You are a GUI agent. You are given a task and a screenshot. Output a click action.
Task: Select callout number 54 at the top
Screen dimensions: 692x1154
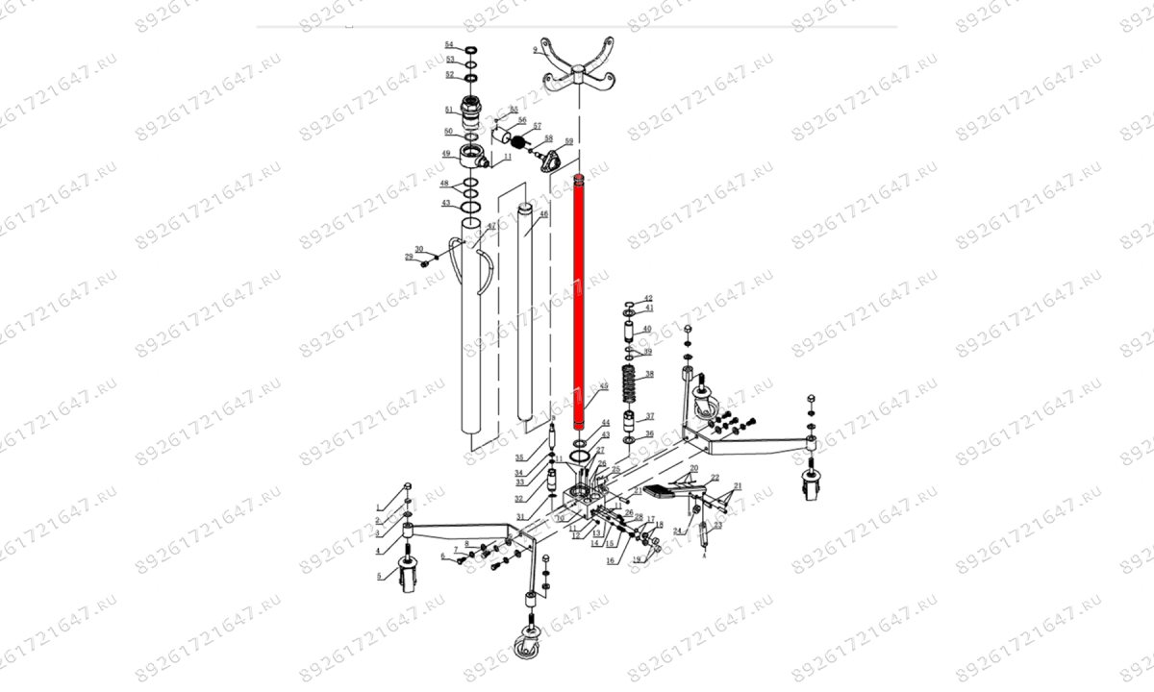tap(448, 45)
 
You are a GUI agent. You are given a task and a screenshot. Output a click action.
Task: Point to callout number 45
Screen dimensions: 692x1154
tap(604, 386)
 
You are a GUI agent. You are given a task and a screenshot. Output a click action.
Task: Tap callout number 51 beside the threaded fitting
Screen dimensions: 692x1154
tap(448, 110)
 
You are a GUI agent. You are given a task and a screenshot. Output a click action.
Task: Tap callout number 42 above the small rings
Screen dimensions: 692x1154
tap(648, 299)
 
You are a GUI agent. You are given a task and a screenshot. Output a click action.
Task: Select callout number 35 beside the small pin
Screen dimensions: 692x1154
tap(519, 457)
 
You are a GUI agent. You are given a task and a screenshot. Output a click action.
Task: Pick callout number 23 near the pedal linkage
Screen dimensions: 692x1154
tap(716, 526)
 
